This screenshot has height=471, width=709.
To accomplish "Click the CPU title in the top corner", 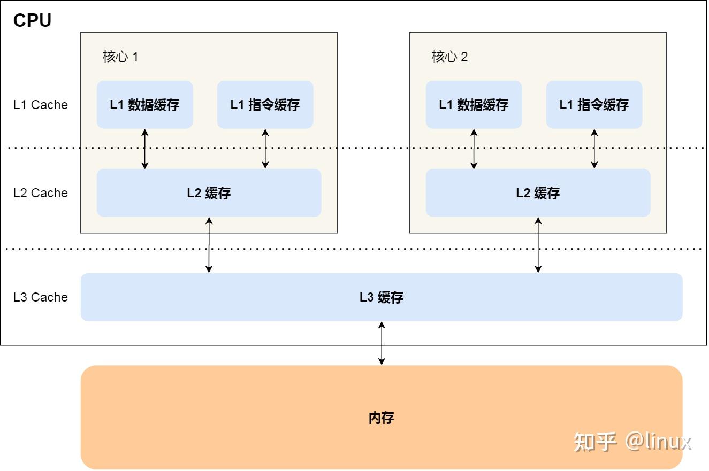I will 32,20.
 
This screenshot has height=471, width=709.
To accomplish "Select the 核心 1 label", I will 120,57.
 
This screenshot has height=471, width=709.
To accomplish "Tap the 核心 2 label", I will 449,57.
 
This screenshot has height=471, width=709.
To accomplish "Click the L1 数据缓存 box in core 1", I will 144,105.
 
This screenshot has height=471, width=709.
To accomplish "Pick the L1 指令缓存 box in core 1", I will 265,105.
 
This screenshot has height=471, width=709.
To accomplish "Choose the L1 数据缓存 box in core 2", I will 474,105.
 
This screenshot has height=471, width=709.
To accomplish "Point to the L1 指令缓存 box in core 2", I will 594,105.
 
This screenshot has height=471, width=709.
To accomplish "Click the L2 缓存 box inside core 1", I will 209,193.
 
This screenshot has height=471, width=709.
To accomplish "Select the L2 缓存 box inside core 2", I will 538,193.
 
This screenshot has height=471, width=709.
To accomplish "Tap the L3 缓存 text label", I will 381,297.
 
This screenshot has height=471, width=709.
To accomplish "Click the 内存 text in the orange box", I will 381,418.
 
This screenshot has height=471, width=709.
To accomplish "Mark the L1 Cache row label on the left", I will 41,105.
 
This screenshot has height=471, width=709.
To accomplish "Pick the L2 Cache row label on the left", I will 41,193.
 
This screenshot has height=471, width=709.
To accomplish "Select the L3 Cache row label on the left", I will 41,297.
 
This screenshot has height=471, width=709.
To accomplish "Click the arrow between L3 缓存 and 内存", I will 381,343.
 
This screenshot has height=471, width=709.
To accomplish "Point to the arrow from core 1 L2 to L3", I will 209,245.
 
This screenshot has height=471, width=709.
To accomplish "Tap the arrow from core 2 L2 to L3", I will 538,245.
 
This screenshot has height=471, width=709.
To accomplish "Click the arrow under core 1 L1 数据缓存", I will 144,149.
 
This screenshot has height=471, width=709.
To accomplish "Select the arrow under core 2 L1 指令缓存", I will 594,149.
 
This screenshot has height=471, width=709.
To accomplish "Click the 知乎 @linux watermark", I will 632,442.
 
